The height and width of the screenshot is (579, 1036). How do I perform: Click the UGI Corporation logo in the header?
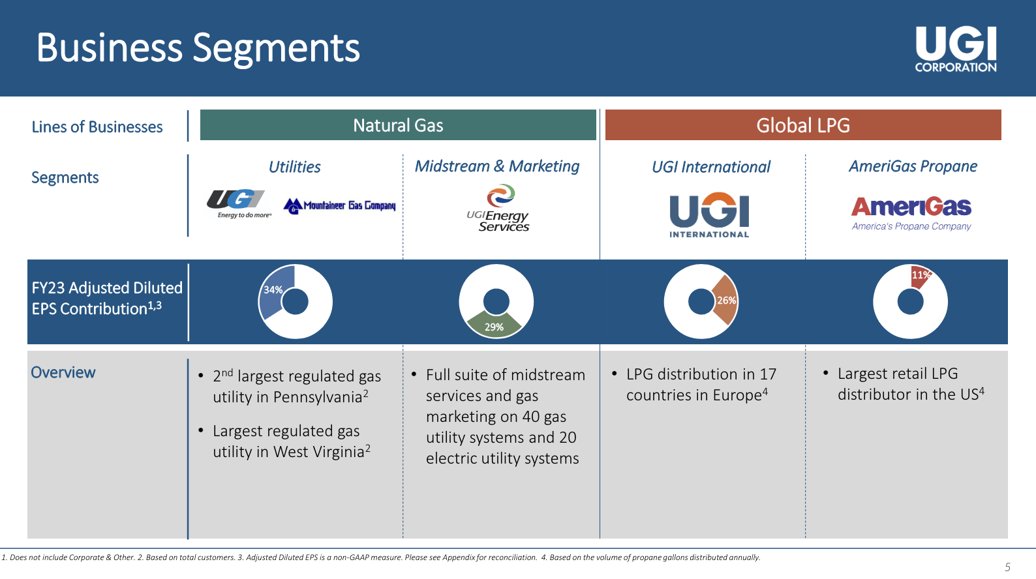point(956,49)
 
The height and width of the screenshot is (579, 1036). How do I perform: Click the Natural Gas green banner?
point(398,125)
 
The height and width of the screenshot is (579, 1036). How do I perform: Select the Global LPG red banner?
point(803,125)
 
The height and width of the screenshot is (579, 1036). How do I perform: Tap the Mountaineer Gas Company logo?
point(340,206)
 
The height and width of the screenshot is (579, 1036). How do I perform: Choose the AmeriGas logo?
point(911,213)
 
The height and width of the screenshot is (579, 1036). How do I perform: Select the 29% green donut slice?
point(495,323)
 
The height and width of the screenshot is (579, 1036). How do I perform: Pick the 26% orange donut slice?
point(725,300)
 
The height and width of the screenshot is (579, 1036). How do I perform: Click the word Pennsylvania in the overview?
point(317,397)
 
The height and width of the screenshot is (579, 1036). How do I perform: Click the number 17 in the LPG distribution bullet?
point(768,374)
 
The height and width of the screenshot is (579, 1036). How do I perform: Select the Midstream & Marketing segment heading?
point(497,166)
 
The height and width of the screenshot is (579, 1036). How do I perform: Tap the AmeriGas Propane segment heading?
point(913,166)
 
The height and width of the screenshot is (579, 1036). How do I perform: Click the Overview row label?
point(63,372)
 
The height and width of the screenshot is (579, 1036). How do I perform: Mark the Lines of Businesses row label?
point(97,127)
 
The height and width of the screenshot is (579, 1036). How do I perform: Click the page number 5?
point(1007,567)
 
